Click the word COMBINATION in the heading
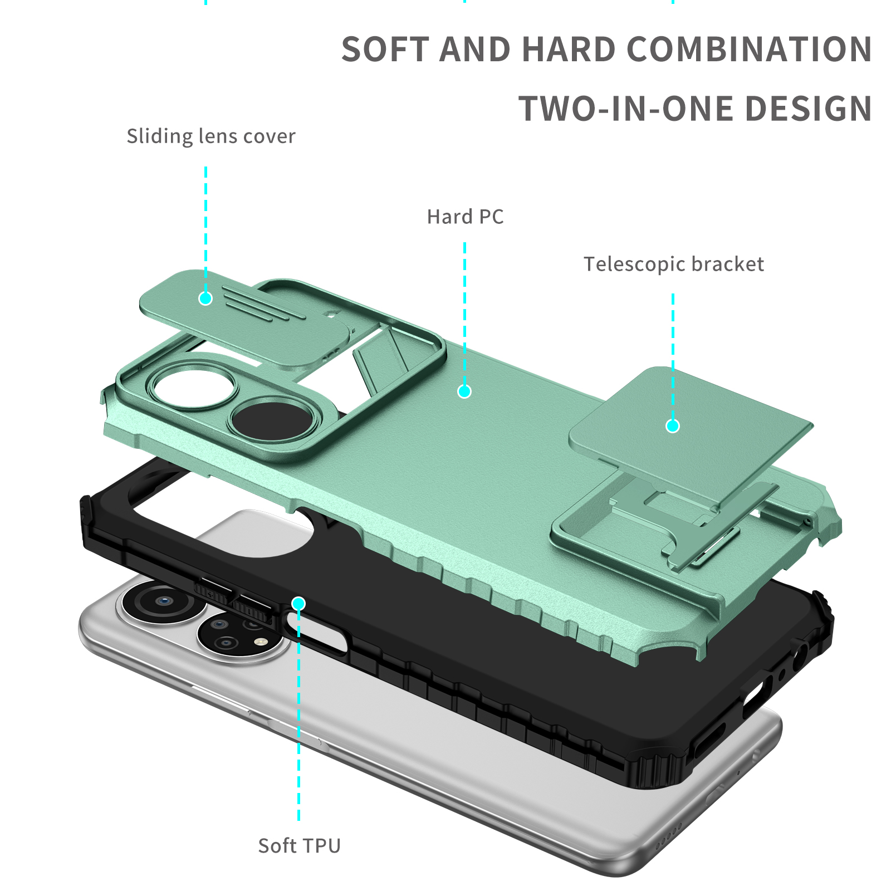click(x=750, y=49)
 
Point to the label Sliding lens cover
click(x=211, y=136)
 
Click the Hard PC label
click(x=466, y=217)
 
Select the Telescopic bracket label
click(x=674, y=265)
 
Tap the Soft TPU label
click(x=300, y=846)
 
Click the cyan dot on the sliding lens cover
click(x=205, y=298)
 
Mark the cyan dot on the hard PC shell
click(x=464, y=391)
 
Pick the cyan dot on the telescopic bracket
click(x=673, y=426)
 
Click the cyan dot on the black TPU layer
click(x=298, y=604)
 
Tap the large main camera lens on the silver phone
click(x=161, y=601)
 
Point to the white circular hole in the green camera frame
click(x=195, y=386)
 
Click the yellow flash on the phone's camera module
click(x=258, y=642)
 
